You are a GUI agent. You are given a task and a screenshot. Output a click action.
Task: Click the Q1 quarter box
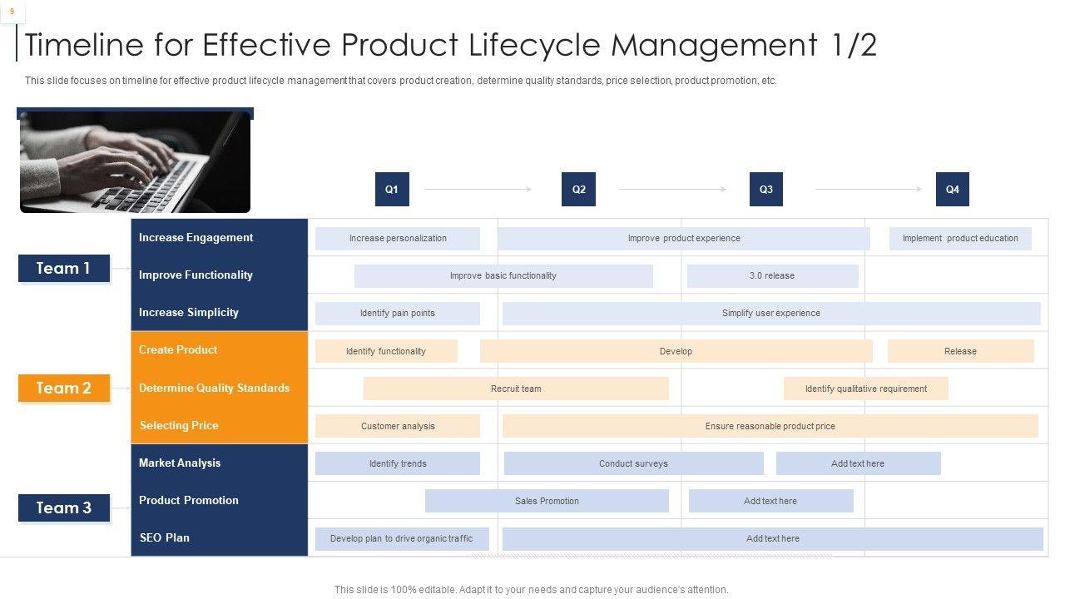point(392,189)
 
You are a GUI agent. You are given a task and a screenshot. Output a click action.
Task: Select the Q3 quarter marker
point(766,189)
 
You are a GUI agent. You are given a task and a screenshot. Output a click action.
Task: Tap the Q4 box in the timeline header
point(953,189)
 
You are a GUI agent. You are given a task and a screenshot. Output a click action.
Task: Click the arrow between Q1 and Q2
point(478,189)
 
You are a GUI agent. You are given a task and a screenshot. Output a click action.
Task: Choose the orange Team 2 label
point(64,388)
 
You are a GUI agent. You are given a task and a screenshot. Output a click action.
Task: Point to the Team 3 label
point(64,507)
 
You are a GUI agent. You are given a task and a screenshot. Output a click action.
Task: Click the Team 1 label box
point(64,268)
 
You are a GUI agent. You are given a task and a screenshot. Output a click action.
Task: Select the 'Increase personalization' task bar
point(398,238)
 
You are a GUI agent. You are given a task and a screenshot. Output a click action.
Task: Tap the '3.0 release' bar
point(773,275)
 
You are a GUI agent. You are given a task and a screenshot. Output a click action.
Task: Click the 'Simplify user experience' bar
point(771,314)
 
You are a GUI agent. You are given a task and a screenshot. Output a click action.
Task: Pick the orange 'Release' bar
point(960,351)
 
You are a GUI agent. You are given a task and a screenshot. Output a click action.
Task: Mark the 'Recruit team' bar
point(516,389)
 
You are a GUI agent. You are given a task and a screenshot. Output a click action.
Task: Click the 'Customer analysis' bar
point(398,426)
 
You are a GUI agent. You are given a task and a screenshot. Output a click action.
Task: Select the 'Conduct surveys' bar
point(634,463)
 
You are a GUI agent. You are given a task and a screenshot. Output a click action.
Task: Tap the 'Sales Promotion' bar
point(547,501)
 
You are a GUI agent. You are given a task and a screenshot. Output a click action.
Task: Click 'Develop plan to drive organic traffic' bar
point(402,538)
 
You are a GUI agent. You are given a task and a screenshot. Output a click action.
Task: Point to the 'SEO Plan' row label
point(165,537)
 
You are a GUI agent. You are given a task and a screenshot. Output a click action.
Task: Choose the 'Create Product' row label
point(178,350)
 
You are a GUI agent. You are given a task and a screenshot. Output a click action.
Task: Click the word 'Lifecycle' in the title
point(534,45)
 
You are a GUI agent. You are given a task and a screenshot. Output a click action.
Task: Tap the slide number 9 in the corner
point(12,12)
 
